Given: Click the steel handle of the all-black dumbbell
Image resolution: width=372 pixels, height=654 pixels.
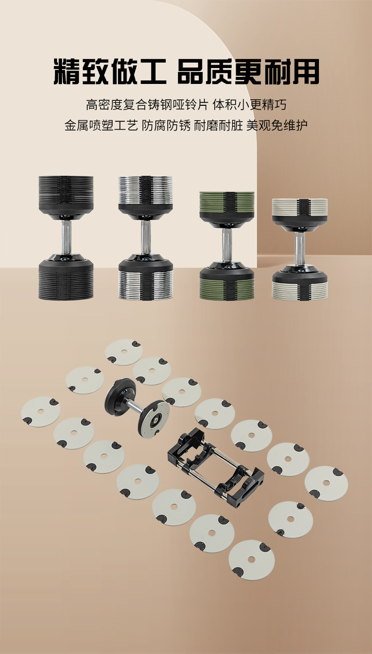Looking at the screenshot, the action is coord(66,237).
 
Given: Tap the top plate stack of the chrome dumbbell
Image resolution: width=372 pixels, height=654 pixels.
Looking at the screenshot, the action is coord(145,190).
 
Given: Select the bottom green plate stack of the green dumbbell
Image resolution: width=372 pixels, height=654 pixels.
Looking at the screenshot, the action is coord(227,289).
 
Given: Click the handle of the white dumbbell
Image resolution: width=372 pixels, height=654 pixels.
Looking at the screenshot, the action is coord(300,249).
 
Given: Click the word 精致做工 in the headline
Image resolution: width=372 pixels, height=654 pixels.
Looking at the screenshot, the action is coord(110,72).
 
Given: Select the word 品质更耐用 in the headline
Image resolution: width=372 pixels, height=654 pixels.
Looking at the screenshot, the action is coord(248,72).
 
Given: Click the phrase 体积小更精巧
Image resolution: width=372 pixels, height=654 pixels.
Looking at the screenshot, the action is coord(249,105).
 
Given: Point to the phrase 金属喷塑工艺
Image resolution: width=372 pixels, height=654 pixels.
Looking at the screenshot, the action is coord(101,126).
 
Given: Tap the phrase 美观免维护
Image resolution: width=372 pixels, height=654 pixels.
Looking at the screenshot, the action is coord(277,126).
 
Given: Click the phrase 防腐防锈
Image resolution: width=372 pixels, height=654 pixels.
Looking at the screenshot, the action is coord(166,126).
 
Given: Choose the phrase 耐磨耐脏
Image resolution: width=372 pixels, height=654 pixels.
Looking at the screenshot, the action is coord(218,126).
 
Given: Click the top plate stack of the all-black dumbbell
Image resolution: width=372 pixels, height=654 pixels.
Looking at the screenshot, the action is coord(66,191).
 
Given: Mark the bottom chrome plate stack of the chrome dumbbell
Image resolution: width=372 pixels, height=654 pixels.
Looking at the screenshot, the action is coord(145,285).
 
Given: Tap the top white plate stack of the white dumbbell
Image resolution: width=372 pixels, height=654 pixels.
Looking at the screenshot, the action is coord(300,207).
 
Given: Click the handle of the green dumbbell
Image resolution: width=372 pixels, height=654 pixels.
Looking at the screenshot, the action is coord(227,245).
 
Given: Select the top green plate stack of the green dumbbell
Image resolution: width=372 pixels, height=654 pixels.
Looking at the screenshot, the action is coord(227,202).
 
